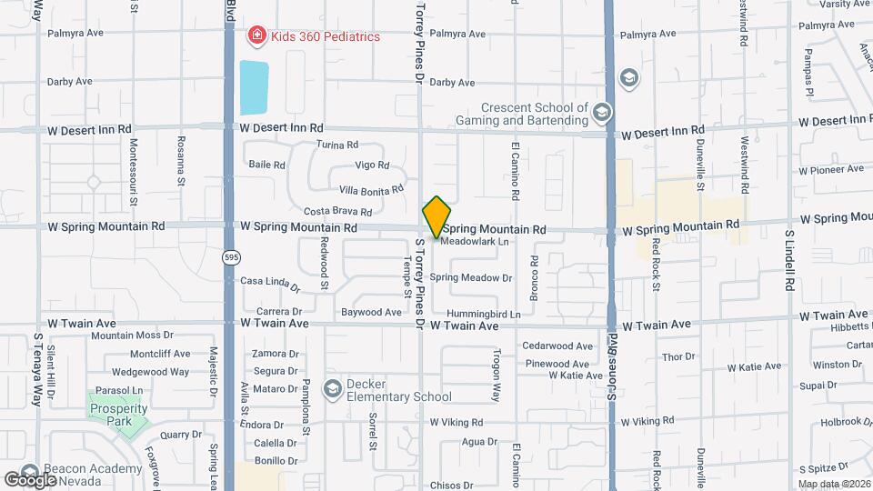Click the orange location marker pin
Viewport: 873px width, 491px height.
click(x=437, y=216)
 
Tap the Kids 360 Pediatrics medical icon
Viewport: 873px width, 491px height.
click(x=257, y=36)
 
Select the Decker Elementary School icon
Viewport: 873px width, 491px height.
click(x=332, y=388)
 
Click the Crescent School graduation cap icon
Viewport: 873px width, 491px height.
click(x=600, y=113)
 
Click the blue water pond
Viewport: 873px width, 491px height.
click(x=255, y=87)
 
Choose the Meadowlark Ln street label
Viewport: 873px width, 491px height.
click(x=474, y=242)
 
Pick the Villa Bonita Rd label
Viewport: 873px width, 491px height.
click(x=370, y=190)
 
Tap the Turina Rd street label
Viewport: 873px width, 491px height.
click(x=337, y=145)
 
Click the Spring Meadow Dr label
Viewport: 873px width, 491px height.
click(x=471, y=277)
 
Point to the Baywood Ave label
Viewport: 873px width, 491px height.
click(x=371, y=312)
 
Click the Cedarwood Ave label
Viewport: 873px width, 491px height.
click(x=557, y=346)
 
